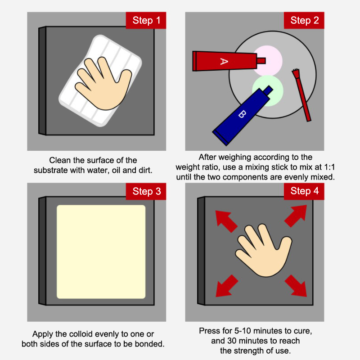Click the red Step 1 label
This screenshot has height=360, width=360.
pos(146,20)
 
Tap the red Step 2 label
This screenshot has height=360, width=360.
pos(304,20)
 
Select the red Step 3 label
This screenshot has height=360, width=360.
pos(146,191)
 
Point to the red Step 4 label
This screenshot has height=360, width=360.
pos(304,191)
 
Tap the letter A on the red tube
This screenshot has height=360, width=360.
pos(224,61)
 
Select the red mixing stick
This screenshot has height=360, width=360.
pos(301,94)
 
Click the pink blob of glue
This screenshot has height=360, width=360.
pos(268,60)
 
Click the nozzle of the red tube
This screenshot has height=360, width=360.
pos(261,61)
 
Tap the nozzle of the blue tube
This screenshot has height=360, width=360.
pos(268,90)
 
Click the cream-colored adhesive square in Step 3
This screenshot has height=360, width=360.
pos(101,252)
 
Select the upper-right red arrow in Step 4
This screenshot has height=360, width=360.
pos(296,216)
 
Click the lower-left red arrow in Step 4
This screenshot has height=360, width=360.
pos(227,286)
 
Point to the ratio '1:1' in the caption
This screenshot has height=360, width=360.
pos(329,167)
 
